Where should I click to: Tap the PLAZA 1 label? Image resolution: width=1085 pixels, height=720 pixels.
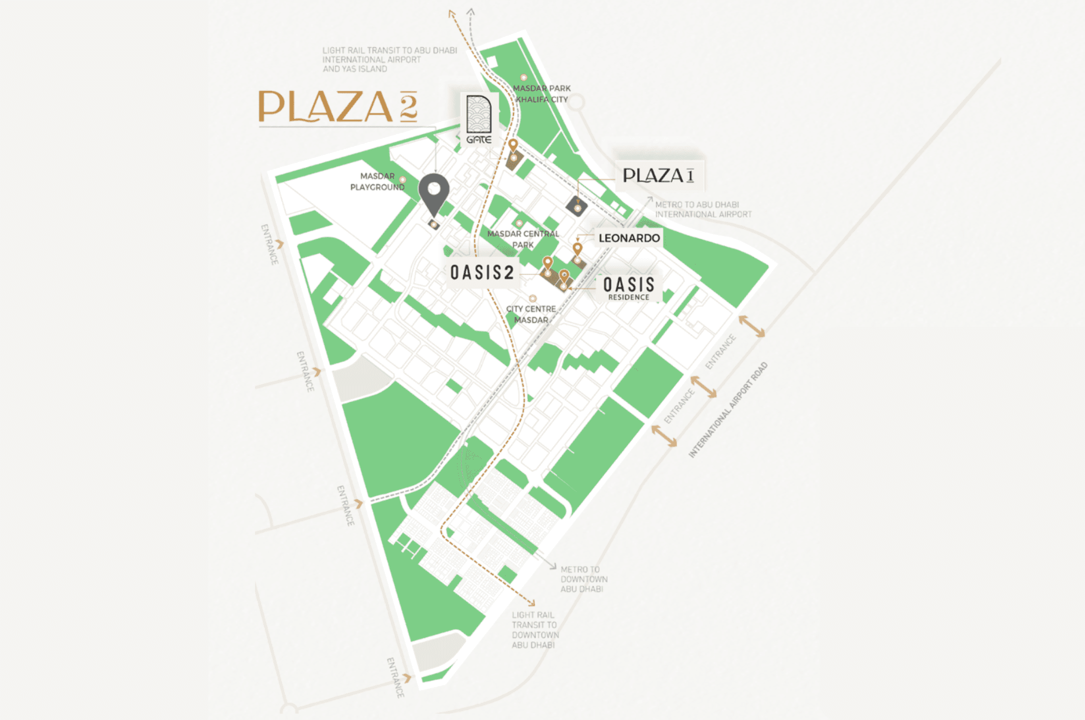658,175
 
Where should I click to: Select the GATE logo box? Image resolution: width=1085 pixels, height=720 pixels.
478,119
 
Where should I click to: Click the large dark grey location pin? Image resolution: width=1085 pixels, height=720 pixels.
433,192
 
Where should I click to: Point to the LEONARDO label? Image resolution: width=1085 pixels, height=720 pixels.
629,238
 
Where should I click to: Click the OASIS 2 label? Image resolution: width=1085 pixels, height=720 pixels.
482,272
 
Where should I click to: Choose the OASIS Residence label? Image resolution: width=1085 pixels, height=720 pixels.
628,287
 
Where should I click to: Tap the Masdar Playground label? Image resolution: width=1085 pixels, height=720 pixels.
377,181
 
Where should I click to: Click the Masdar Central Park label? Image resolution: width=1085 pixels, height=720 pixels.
523,239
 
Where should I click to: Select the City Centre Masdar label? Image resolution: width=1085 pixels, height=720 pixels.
531,314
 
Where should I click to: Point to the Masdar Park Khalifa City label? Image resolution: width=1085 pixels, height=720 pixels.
541,93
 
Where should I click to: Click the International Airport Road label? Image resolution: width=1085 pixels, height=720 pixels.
728,410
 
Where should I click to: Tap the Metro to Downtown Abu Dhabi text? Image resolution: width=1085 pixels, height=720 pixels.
583,579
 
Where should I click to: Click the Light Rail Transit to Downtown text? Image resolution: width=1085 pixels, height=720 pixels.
534,630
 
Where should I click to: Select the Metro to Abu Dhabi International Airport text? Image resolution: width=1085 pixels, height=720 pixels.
703,209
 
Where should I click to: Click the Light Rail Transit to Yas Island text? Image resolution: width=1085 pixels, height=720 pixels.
389,59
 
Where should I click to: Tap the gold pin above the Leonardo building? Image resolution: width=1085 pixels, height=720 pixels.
577,248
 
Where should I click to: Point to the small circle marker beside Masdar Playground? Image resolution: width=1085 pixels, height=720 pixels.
402,179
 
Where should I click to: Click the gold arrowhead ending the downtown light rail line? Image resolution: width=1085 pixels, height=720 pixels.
532,603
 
